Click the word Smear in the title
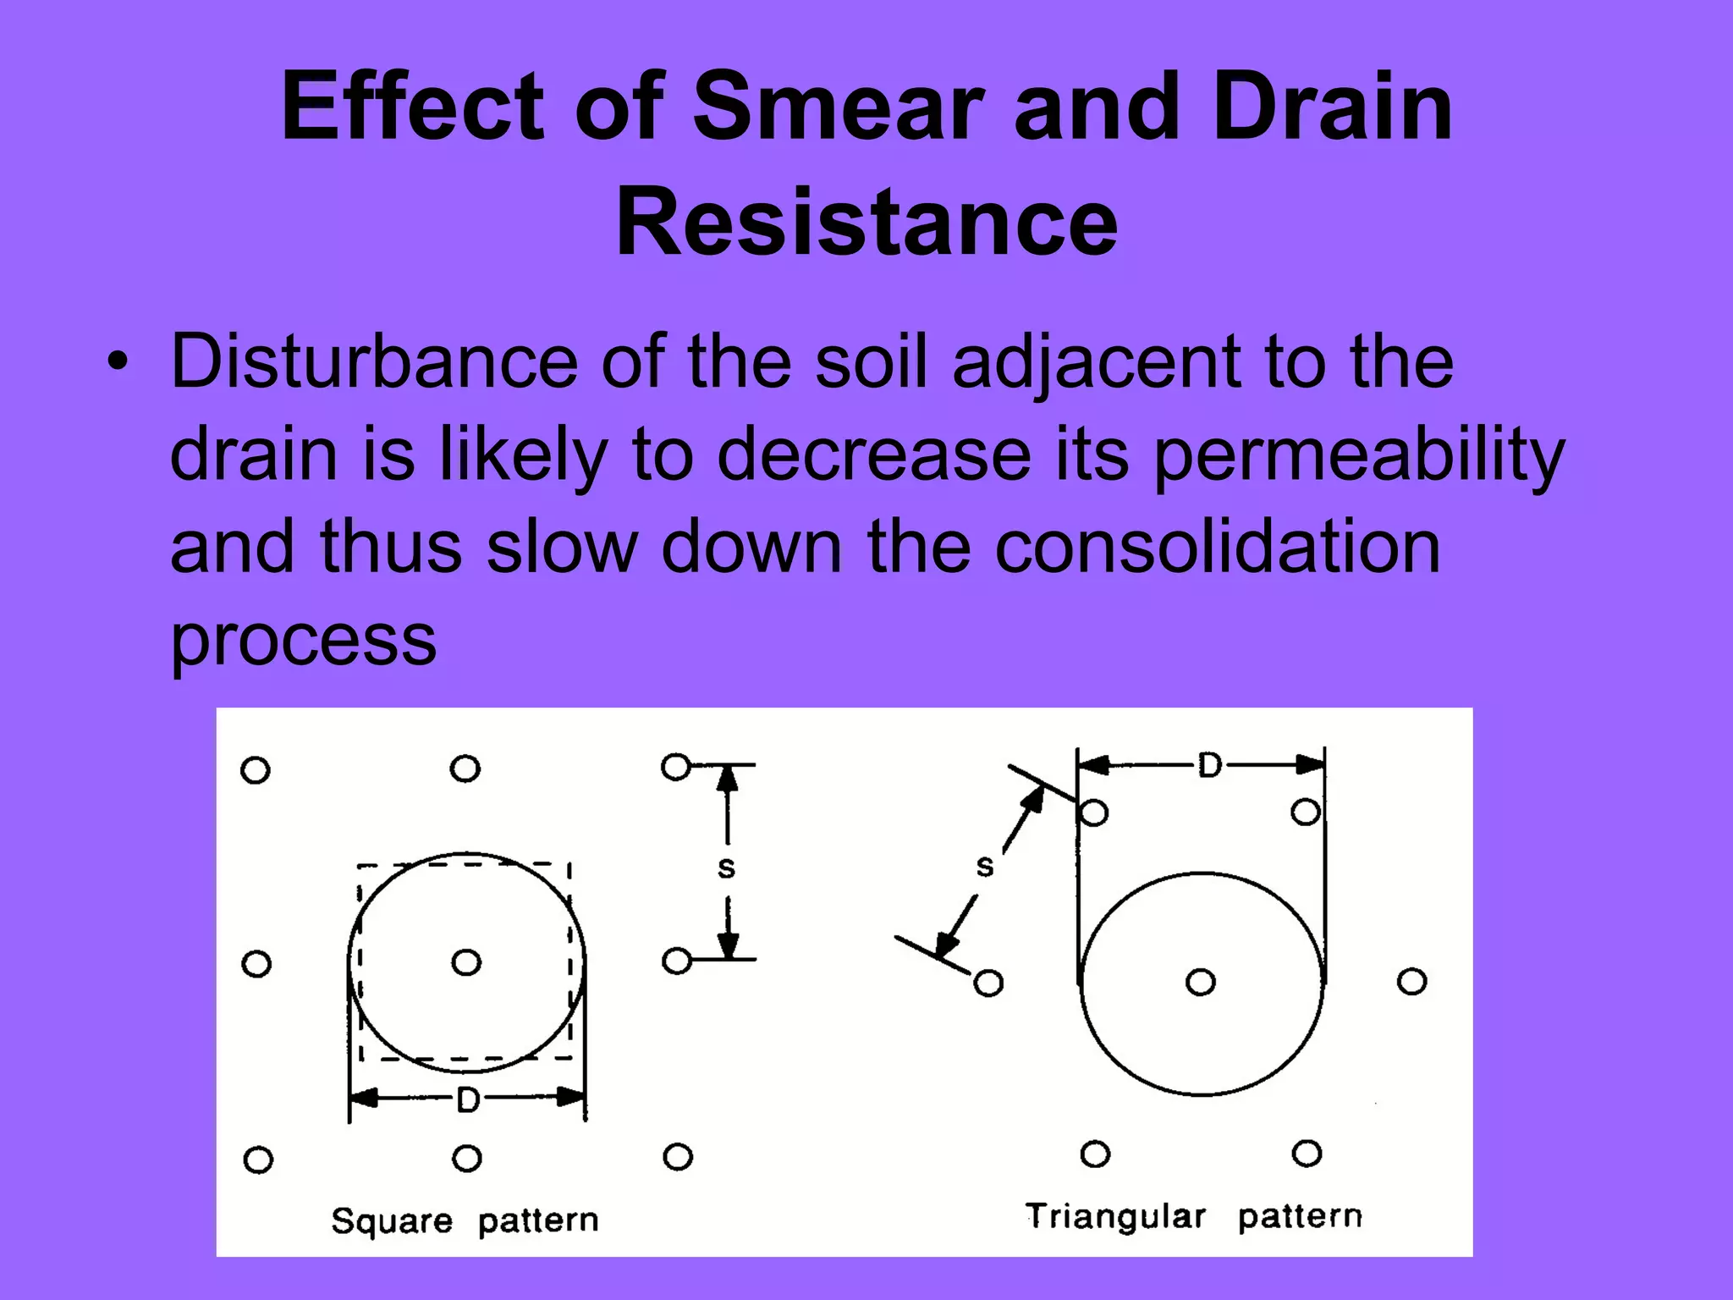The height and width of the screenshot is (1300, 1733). click(838, 108)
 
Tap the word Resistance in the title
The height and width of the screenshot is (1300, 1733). click(866, 223)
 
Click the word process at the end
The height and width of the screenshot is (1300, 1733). click(303, 641)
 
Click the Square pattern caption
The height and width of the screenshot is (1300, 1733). click(465, 1220)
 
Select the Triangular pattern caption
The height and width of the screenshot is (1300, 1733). click(1193, 1216)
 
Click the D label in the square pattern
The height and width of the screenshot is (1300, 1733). click(467, 1100)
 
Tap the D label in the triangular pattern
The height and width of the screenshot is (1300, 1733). click(1209, 766)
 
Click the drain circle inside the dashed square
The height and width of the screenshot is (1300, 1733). click(466, 962)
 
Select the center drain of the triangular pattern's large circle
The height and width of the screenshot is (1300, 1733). click(1200, 983)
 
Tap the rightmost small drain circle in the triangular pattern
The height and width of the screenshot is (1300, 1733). click(1411, 982)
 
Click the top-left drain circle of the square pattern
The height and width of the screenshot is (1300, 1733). click(256, 770)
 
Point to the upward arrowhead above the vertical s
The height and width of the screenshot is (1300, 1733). click(727, 779)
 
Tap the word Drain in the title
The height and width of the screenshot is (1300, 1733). click(1332, 108)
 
